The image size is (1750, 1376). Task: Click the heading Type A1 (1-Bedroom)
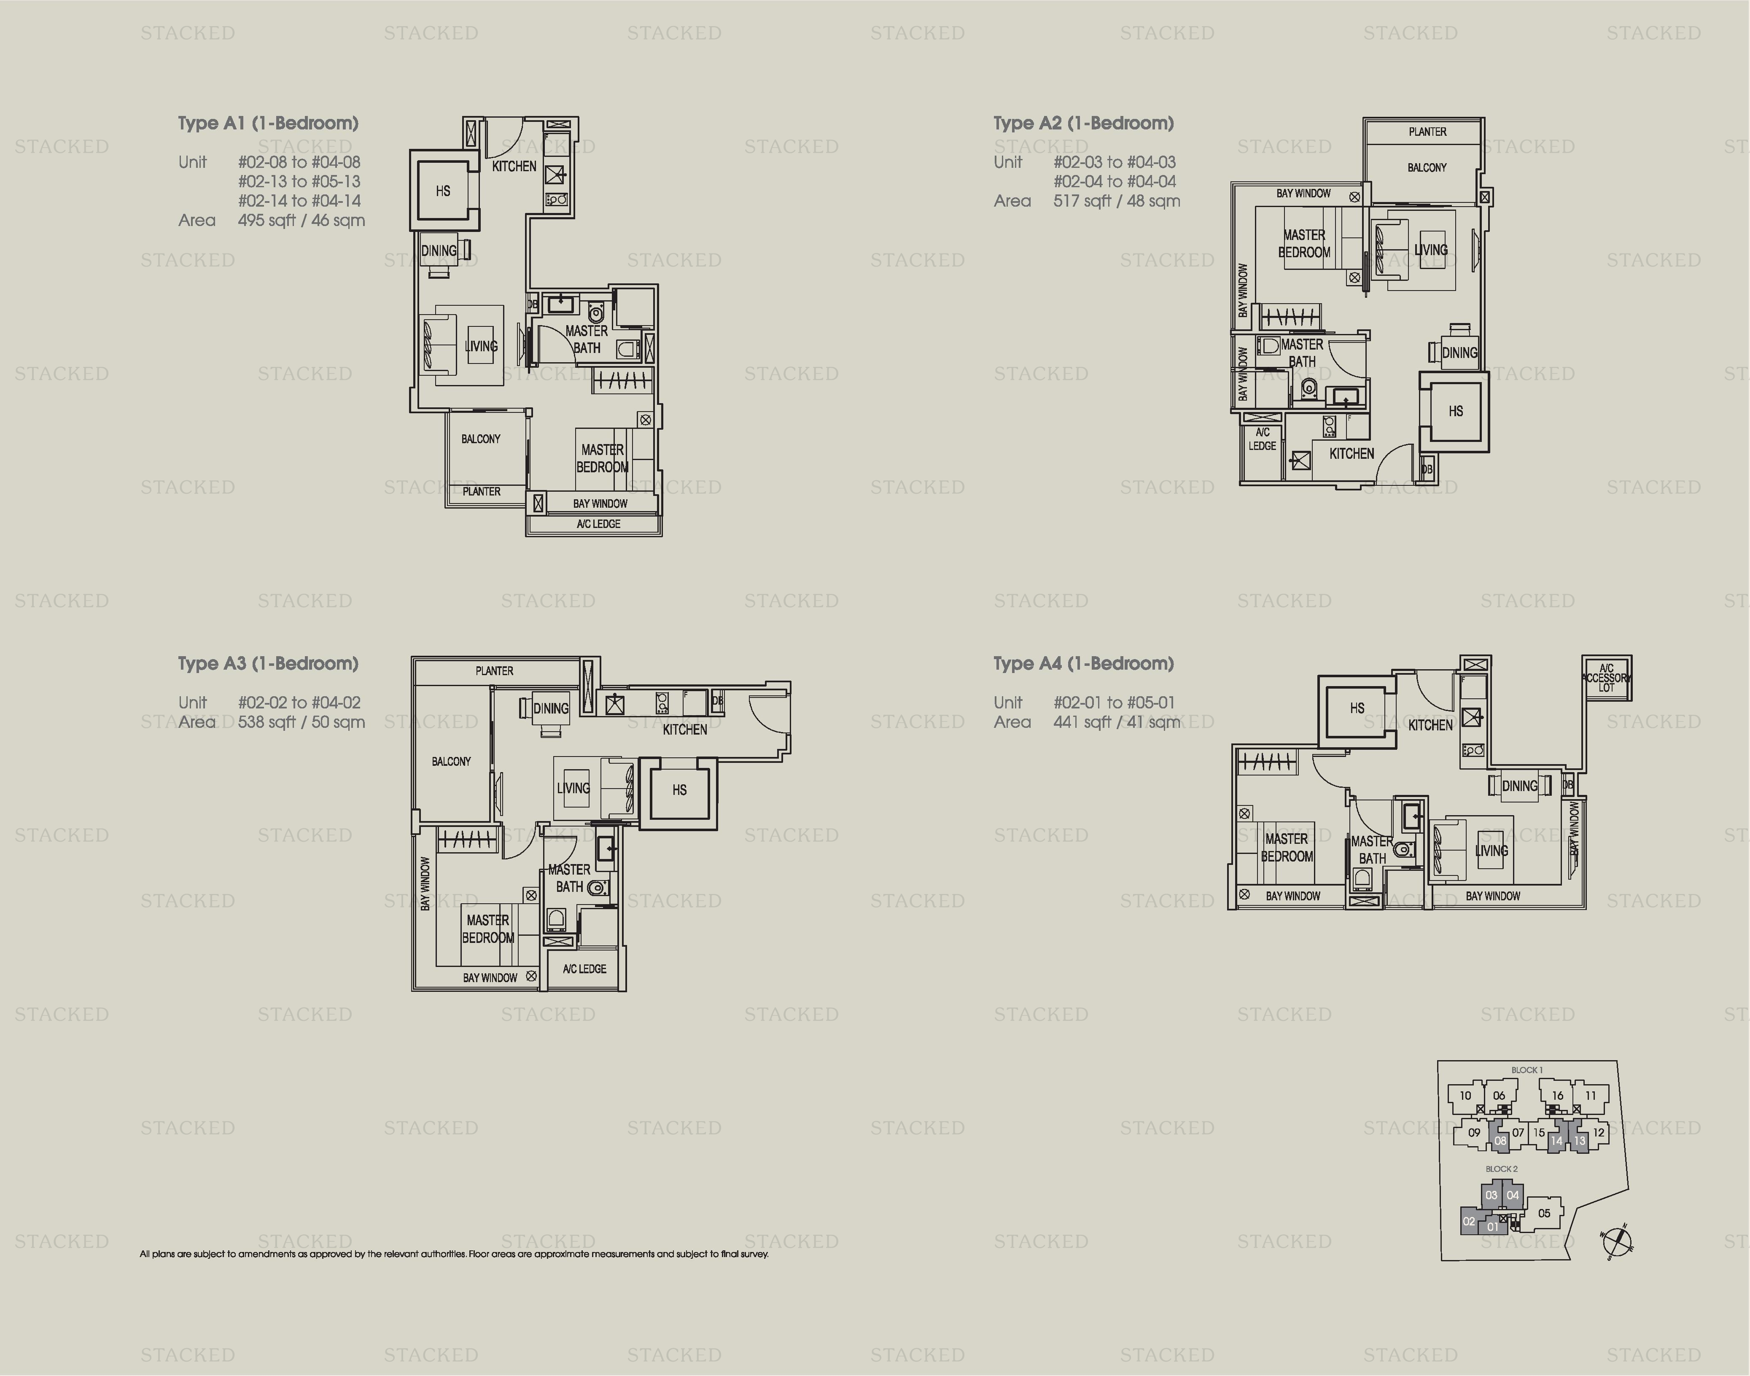[x=268, y=123]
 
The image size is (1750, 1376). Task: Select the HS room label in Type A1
[x=442, y=191]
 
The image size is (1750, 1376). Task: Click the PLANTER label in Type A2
[x=1427, y=131]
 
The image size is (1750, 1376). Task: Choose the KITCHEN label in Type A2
[x=1351, y=454]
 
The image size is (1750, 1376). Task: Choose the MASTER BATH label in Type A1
[x=586, y=339]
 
